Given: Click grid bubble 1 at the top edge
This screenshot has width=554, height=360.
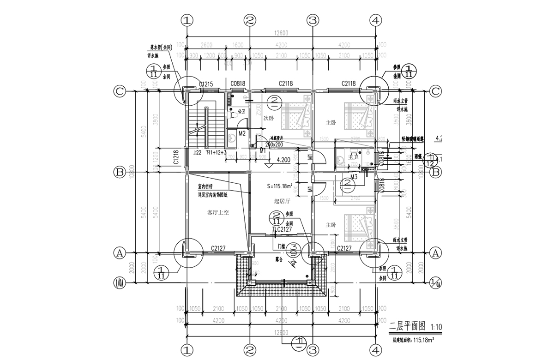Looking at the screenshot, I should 187,20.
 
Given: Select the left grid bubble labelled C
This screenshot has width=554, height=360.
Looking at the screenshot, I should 120,91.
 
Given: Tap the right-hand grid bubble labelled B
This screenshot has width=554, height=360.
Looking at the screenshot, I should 434,173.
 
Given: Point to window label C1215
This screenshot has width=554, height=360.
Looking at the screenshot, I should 205,84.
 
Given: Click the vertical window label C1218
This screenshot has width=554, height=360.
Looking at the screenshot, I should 176,157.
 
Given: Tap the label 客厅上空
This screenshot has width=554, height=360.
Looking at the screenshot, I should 218,213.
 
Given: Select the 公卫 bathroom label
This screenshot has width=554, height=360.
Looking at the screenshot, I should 240,111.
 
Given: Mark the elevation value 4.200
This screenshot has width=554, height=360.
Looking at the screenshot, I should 283,160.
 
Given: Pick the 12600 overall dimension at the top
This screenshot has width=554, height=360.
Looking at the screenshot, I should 281,32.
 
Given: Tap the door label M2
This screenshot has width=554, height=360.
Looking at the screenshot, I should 241,134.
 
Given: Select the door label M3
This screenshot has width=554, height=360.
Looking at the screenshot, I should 354,177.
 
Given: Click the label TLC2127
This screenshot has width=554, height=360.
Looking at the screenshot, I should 282,229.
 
